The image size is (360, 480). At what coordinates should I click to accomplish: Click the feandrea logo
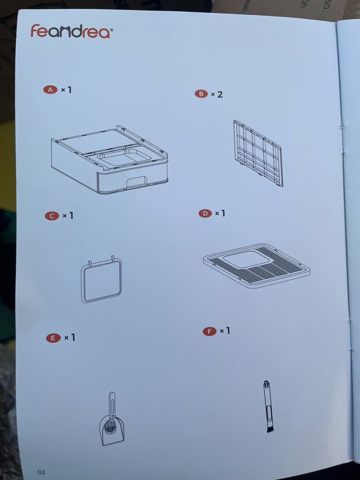[x=71, y=32]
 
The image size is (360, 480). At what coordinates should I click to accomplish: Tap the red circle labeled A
[x=51, y=89]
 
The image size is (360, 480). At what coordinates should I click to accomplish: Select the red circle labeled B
[x=201, y=94]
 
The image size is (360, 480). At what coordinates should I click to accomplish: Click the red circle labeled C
[x=52, y=216]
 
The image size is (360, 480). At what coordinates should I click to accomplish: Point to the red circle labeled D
[x=205, y=213]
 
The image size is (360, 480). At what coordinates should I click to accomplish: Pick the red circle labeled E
[x=53, y=338]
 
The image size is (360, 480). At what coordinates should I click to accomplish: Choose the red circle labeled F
[x=209, y=331]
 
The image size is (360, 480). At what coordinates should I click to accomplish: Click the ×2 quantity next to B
[x=217, y=95]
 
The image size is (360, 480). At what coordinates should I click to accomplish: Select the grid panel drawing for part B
[x=258, y=152]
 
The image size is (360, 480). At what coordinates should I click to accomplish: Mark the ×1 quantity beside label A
[x=66, y=89]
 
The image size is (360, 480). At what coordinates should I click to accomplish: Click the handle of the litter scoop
[x=112, y=402]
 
